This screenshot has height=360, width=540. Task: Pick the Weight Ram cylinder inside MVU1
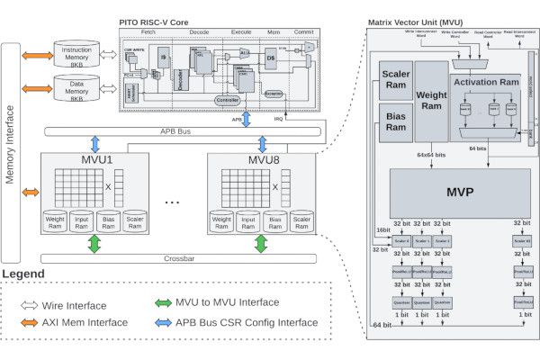click(x=58, y=222)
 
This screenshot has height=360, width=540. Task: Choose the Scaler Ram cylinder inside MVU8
click(x=301, y=222)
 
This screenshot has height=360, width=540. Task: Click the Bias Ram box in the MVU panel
click(x=396, y=122)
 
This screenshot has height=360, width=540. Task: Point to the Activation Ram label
click(x=485, y=82)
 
